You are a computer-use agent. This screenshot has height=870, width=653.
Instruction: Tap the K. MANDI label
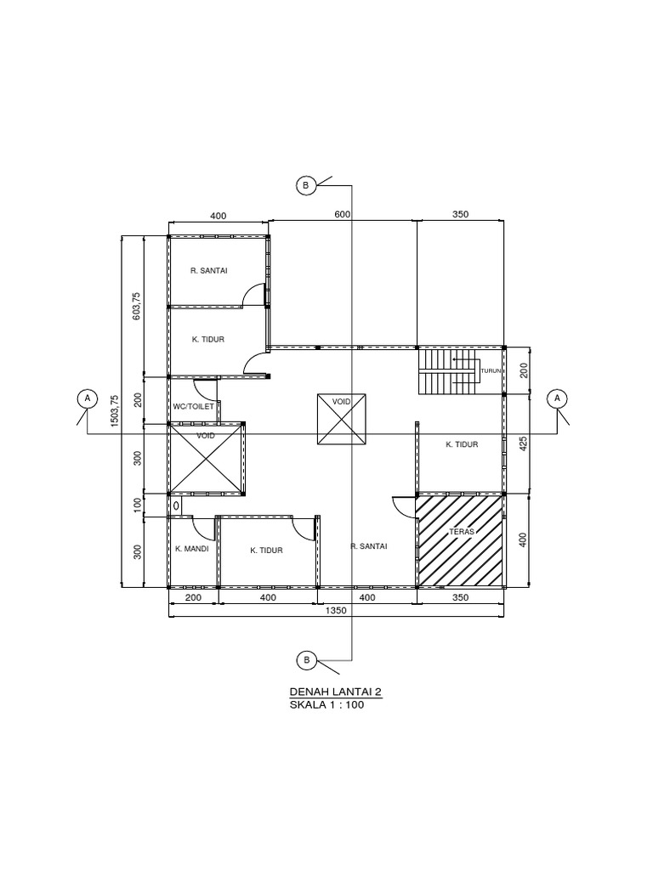click(192, 550)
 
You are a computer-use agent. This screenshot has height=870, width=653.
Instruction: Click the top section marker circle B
click(305, 184)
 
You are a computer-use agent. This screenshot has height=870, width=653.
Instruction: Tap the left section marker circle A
click(85, 398)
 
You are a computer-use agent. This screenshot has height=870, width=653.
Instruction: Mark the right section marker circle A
click(558, 398)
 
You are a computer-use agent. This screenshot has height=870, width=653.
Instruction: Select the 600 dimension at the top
click(343, 215)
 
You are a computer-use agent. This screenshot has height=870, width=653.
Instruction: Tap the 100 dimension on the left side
click(138, 505)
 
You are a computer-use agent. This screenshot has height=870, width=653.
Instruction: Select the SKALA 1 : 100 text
click(326, 704)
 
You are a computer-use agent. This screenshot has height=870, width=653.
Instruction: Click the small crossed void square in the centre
click(342, 419)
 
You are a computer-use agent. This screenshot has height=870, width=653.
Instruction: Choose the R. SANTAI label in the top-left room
click(208, 271)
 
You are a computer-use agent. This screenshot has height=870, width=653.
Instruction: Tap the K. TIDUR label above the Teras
click(462, 444)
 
